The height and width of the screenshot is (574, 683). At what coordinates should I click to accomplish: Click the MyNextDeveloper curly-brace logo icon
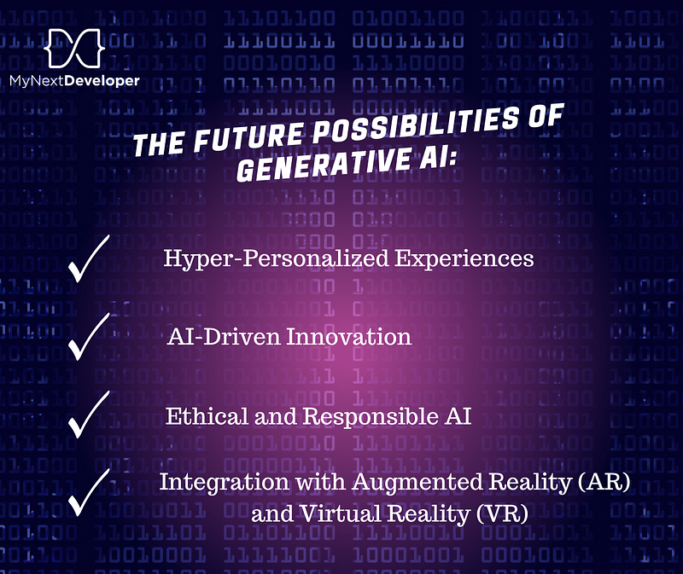click(74, 48)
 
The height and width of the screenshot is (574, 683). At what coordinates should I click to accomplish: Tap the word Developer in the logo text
click(102, 81)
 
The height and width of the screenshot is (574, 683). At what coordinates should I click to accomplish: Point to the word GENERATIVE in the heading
click(324, 165)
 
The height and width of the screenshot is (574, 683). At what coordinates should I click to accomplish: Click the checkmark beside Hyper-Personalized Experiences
click(89, 258)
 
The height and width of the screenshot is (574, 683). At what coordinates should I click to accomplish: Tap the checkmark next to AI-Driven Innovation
click(89, 336)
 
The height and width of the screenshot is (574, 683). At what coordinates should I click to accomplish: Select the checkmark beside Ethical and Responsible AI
click(89, 414)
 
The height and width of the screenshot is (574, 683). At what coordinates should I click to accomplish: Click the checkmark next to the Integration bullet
click(89, 492)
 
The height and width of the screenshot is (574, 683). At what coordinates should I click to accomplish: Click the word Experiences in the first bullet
click(464, 258)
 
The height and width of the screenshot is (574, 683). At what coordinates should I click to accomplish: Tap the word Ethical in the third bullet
click(207, 416)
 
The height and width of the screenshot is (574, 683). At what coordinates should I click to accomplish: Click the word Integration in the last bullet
click(224, 483)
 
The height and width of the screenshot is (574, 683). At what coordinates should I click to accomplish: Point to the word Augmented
click(417, 483)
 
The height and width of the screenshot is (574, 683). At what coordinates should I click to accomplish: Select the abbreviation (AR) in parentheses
click(604, 482)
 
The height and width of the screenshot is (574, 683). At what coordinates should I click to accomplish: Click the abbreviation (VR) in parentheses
click(502, 514)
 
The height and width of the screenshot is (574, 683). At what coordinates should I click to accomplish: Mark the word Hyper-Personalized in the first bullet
click(276, 258)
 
